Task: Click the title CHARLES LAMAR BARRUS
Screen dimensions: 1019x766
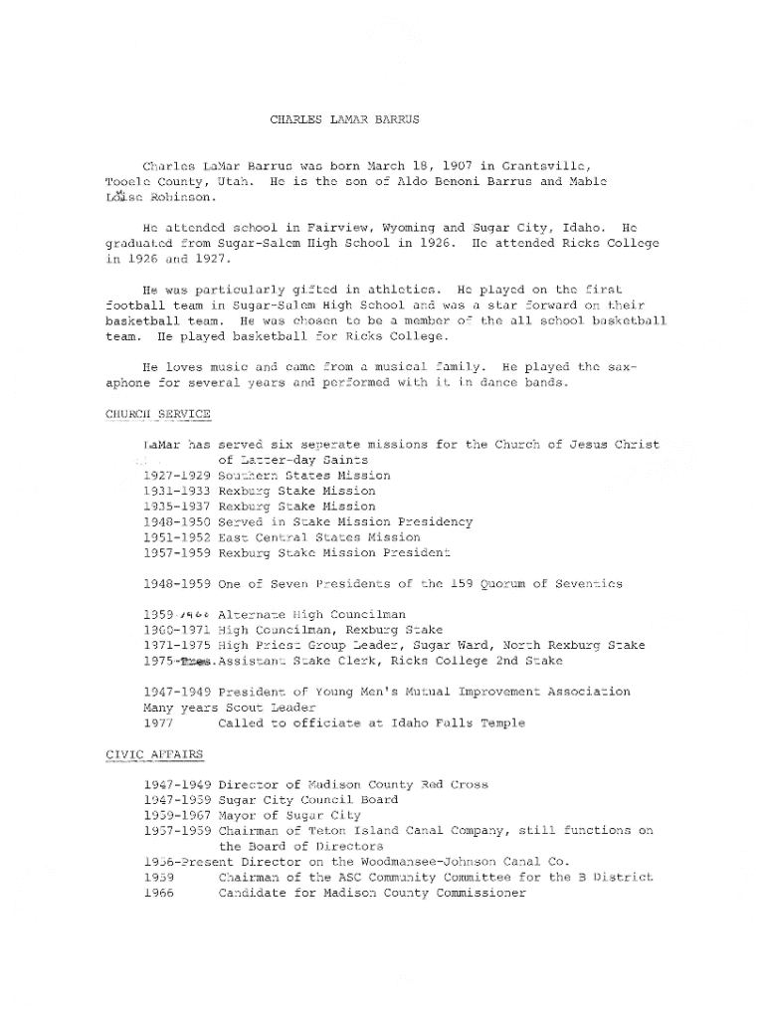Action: pos(344,119)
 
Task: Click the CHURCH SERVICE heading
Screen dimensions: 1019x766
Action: pos(157,413)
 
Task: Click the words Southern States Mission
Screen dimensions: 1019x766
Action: pos(304,476)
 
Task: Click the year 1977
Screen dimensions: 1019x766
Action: pos(159,722)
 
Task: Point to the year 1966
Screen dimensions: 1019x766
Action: pos(159,893)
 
